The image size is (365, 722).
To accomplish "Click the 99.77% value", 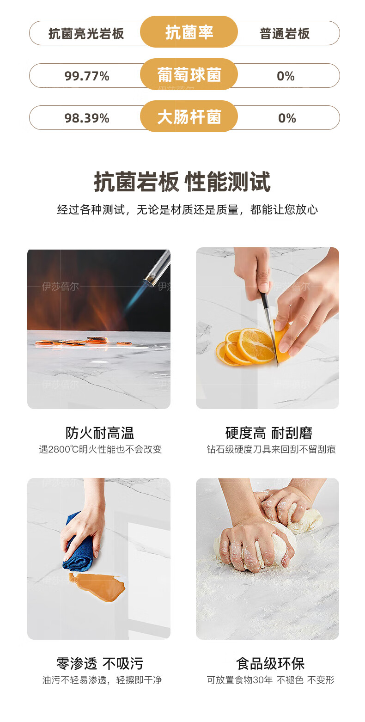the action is coord(87,76).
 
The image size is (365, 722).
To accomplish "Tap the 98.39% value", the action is coord(87,118).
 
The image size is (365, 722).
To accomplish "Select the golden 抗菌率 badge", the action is coord(189,32).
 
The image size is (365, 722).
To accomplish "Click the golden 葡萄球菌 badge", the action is coord(189,74).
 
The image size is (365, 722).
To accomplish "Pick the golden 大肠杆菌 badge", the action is coord(189,116).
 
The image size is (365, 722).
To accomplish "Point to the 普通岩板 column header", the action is coord(285,34).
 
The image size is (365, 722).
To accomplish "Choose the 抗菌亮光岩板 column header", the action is coord(86,34).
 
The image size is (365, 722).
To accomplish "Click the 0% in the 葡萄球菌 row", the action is coord(286,76).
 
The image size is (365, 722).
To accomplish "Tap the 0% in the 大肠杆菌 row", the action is coord(287,118).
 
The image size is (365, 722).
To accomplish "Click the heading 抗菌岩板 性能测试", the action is coord(182,182).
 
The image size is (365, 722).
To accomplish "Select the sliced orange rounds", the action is coord(245,347).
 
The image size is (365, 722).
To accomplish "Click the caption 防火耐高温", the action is coord(99,433).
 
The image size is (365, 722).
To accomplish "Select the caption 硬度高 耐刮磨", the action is coord(269,433).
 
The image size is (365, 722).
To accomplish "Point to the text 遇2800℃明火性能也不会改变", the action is coord(100,449).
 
